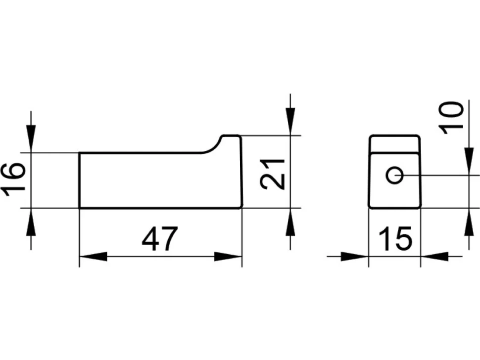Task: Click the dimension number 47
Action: tap(159, 238)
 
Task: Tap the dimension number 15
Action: tap(395, 238)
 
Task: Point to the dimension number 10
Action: tap(451, 118)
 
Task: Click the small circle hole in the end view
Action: tap(394, 175)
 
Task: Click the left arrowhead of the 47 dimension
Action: tap(93, 257)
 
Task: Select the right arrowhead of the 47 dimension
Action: tap(228, 257)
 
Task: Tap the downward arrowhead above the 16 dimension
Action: tap(31, 138)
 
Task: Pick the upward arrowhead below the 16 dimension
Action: tap(31, 222)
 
